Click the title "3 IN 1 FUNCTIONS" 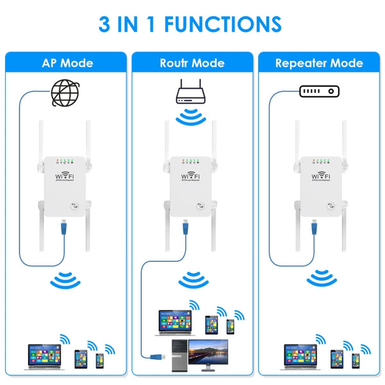tap(190, 24)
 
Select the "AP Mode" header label tap(67, 63)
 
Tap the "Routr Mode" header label tap(193, 63)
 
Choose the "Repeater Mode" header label tap(319, 63)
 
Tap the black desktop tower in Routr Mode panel tap(179, 355)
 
